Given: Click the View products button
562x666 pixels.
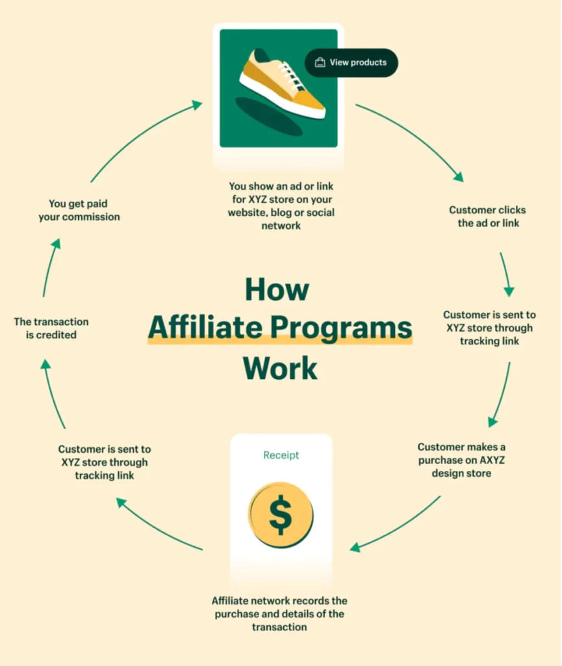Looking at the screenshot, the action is (x=351, y=63).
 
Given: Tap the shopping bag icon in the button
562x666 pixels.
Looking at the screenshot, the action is (x=320, y=62).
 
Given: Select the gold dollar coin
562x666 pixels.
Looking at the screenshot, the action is (x=281, y=515).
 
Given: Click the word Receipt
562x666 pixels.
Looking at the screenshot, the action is (x=281, y=455).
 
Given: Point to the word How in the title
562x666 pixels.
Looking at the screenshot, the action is (x=277, y=289).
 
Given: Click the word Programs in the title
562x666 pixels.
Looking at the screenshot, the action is (x=341, y=328).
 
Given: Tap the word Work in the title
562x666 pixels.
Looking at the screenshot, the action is (x=280, y=368).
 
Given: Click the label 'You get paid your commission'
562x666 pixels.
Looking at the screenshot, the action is (x=79, y=210).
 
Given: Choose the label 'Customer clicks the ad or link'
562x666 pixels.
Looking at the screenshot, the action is (x=488, y=216).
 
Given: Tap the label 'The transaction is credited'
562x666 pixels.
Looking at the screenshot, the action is (x=51, y=328).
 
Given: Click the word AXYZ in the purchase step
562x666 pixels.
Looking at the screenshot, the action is (x=492, y=460).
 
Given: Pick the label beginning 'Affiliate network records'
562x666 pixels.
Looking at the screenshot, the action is (x=279, y=614).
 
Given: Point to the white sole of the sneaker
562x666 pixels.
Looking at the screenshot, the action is (x=282, y=99).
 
